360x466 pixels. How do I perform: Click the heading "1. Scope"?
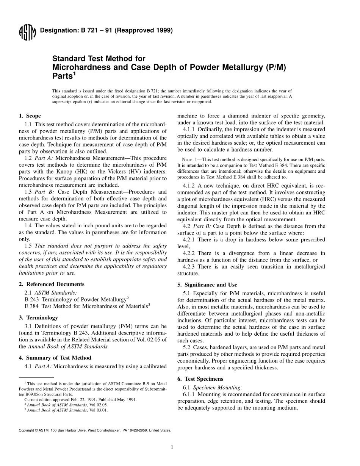point(30,116)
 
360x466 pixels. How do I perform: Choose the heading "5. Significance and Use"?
point(207,285)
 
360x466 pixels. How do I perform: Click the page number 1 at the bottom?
point(172,447)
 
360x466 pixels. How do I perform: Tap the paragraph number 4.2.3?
point(189,267)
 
